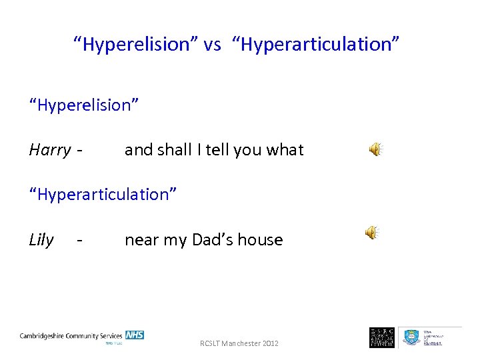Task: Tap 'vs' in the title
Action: (x=213, y=45)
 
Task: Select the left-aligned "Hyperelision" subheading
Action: (x=83, y=105)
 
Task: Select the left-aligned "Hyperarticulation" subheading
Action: (x=103, y=195)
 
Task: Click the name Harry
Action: (x=49, y=150)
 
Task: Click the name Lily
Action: (x=41, y=240)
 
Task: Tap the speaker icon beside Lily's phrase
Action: (x=371, y=232)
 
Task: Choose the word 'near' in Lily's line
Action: (x=140, y=240)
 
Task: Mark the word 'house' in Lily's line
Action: (x=261, y=240)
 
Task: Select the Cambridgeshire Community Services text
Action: (x=71, y=336)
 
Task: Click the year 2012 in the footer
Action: (x=270, y=343)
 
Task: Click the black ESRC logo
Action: (x=382, y=337)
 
